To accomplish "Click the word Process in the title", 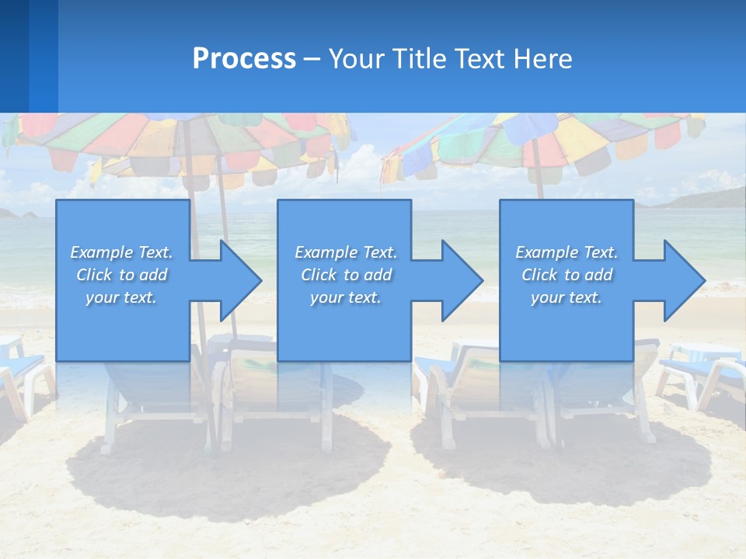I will pyautogui.click(x=244, y=59).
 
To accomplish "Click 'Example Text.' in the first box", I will pyautogui.click(x=121, y=252).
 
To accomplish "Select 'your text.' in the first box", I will pyautogui.click(x=121, y=297).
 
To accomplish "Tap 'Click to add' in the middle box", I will pyautogui.click(x=346, y=275).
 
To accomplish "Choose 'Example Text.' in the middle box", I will pyautogui.click(x=346, y=252).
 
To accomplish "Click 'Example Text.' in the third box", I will pyautogui.click(x=566, y=252).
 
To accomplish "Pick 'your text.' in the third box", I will pyautogui.click(x=566, y=297).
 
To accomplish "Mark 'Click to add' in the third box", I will pyautogui.click(x=566, y=275).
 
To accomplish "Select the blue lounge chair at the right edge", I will pyautogui.click(x=703, y=373).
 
